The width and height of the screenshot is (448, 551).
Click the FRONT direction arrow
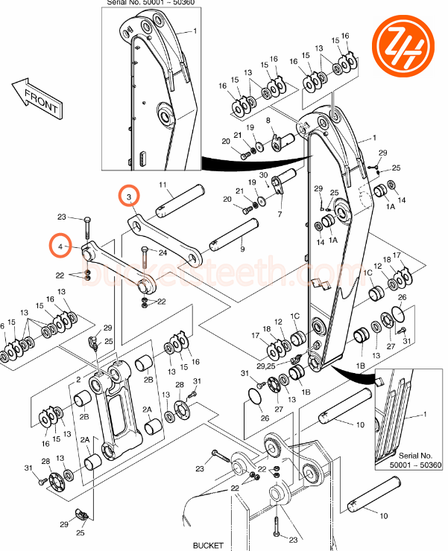point(36,100)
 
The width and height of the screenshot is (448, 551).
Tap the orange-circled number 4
point(60,246)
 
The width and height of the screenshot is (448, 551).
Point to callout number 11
point(163,184)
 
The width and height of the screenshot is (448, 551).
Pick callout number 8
point(268,121)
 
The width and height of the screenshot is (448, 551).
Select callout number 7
point(280,214)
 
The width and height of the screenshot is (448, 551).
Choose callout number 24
point(163,252)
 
